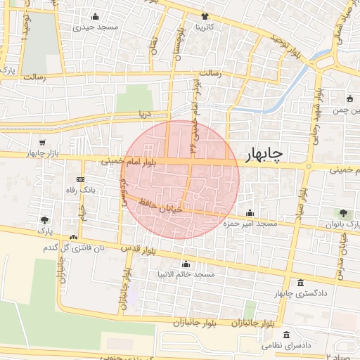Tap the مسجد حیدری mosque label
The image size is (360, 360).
point(96,27)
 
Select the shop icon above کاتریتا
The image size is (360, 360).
point(205,16)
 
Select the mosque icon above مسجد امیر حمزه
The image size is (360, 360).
point(250,214)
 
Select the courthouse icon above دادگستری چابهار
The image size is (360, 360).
point(300,283)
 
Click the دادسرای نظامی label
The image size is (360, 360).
point(287,346)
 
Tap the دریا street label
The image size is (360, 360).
point(144,112)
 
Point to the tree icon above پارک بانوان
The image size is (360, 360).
point(343,213)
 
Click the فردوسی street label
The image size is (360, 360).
point(123,186)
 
